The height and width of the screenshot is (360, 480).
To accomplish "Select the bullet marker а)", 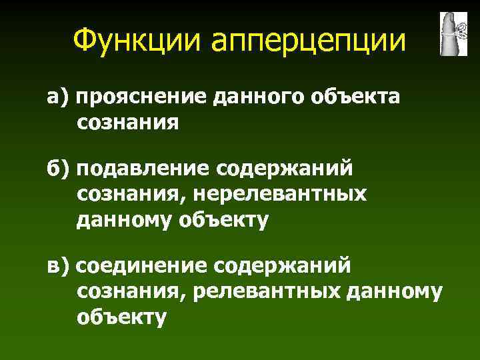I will click(x=57, y=98).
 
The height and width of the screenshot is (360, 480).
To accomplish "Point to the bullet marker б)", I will click(x=57, y=169).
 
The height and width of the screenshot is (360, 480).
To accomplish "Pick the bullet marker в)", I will click(x=57, y=266).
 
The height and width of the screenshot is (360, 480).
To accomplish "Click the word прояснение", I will click(x=143, y=99).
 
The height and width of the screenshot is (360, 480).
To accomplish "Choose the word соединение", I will click(x=143, y=266).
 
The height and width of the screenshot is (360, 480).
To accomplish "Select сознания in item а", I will click(x=128, y=123).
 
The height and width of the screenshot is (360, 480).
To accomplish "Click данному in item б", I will click(x=124, y=219).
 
